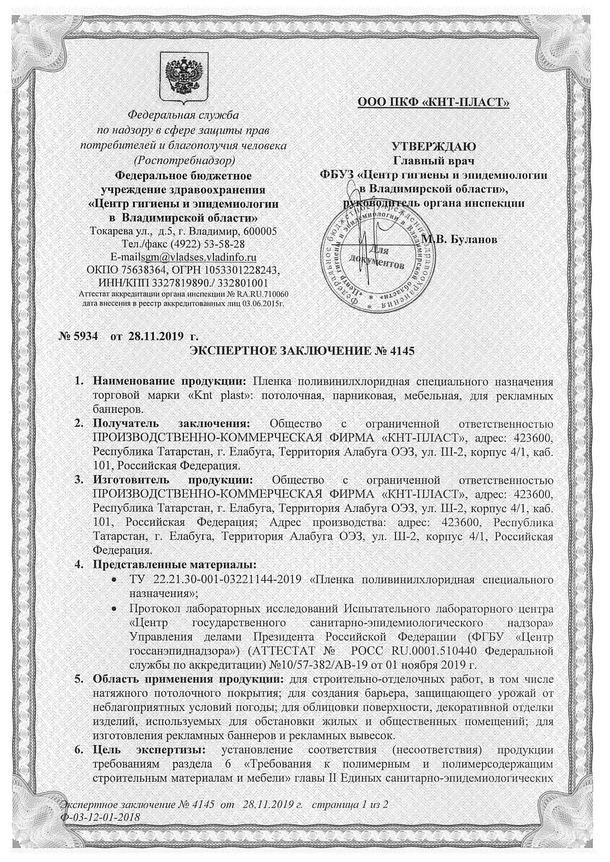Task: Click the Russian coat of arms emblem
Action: (184, 77)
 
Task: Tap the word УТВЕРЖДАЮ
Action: (433, 147)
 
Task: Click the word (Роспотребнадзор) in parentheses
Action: (184, 160)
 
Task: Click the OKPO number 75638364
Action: (144, 269)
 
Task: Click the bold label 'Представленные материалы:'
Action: (173, 564)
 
